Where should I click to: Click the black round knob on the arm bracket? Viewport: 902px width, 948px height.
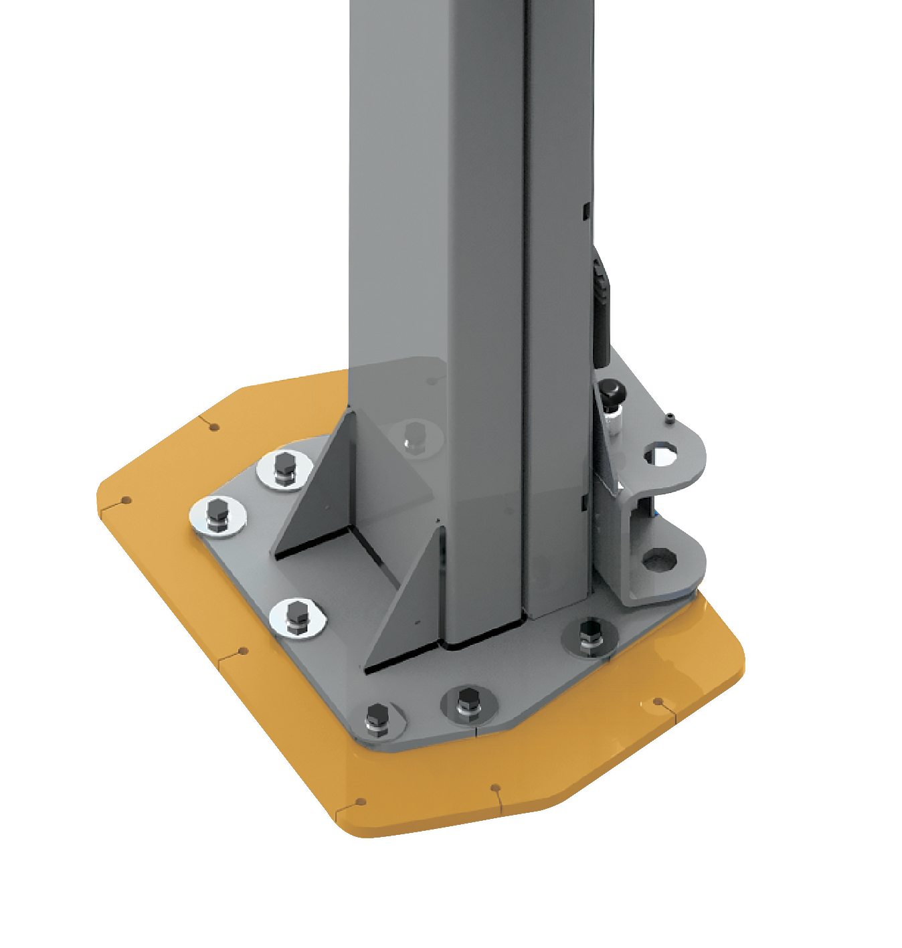609,389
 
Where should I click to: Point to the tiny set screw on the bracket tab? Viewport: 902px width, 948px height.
669,419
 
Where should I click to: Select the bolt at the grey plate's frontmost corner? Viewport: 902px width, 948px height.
377,719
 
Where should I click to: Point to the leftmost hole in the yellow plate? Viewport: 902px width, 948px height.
125,500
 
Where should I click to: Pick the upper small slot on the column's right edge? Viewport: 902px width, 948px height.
585,211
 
